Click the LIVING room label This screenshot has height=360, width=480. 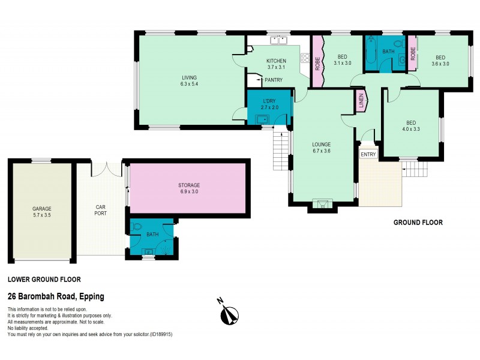(190, 77)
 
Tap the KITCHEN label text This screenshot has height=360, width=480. (276, 61)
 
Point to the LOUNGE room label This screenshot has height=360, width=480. (322, 145)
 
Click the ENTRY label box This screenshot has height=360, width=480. (368, 154)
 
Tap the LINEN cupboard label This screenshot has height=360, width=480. (361, 101)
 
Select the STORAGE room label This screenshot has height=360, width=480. (188, 185)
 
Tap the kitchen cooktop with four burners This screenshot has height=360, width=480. (304, 59)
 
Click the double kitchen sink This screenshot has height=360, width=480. (278, 41)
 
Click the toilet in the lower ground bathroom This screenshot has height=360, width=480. (137, 227)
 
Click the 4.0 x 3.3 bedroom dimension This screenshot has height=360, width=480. (411, 129)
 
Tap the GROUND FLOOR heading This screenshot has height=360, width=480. (418, 223)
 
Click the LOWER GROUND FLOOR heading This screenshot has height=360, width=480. (44, 279)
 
